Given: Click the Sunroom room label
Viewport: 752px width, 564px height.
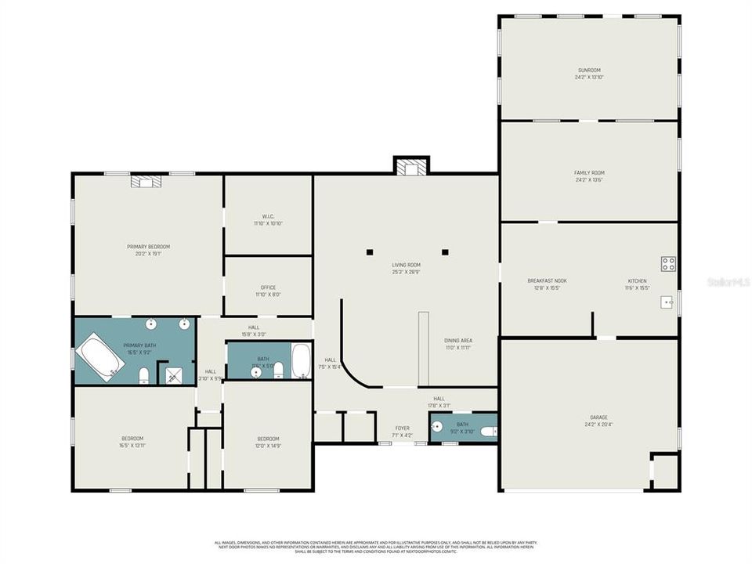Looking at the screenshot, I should (x=590, y=70).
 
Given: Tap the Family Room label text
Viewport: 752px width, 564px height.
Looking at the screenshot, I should (x=590, y=173).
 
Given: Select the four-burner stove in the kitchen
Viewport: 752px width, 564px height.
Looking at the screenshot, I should (x=668, y=264).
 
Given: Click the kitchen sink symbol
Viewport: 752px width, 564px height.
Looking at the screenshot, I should (x=667, y=302).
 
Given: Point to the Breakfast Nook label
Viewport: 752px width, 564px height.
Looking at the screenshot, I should (x=547, y=281).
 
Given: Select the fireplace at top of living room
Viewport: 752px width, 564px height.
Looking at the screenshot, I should (x=410, y=167).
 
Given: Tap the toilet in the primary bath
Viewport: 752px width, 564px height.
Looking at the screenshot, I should (x=144, y=378).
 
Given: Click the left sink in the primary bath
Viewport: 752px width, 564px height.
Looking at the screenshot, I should (x=150, y=324).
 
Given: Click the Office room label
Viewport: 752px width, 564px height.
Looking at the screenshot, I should (x=267, y=287).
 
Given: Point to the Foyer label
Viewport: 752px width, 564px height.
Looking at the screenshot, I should (x=402, y=428).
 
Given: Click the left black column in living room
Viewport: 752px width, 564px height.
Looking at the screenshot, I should (x=370, y=252).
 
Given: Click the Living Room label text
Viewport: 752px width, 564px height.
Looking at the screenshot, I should (x=407, y=266).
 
